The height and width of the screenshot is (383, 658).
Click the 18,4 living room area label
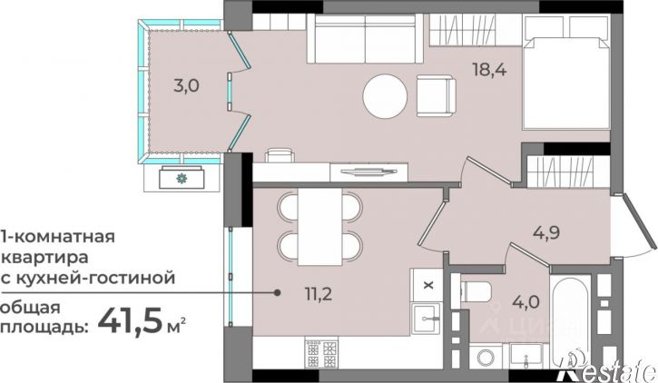click(490, 69)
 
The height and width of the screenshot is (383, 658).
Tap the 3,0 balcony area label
click(186, 86)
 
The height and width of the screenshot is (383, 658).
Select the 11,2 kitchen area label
click(319, 294)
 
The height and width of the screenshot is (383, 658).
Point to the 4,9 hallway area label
click(546, 232)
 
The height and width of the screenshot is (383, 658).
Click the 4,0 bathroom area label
click(526, 301)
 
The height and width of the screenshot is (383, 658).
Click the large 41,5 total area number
click(130, 319)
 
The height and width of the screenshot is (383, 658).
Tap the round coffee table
click(385, 96)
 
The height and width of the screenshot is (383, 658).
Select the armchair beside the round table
click(436, 95)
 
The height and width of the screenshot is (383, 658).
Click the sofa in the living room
click(365, 38)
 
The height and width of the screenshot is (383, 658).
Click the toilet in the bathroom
click(476, 291)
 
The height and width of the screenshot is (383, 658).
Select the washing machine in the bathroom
click(487, 357)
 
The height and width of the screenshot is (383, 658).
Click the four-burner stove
click(321, 354)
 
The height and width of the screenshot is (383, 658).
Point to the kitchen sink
click(427, 319)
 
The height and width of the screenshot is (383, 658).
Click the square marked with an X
click(427, 285)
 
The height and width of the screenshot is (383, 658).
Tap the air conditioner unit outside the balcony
click(182, 178)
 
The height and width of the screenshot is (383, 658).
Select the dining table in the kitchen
click(319, 227)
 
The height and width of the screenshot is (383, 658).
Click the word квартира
click(45, 257)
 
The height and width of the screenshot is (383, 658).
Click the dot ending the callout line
click(277, 293)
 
